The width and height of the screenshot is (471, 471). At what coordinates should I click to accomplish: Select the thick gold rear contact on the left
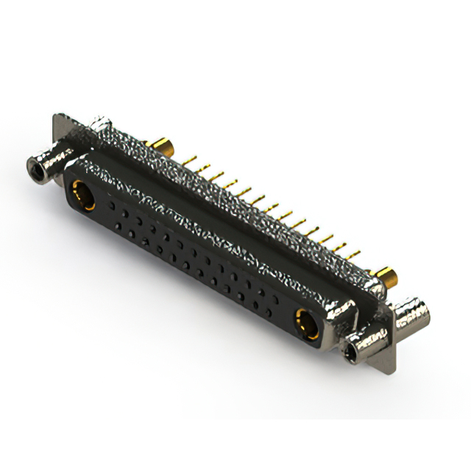(x=161, y=144)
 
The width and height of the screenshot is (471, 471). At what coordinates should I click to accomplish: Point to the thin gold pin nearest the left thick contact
(x=193, y=158)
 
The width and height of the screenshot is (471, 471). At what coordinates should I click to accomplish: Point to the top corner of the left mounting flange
(x=57, y=117)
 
